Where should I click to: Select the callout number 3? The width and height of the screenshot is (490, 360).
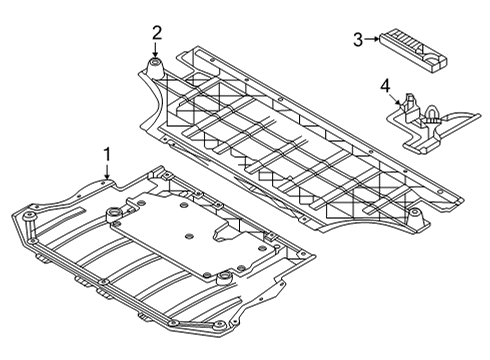click(x=357, y=39)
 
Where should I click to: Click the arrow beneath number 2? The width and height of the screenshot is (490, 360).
click(x=156, y=53)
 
